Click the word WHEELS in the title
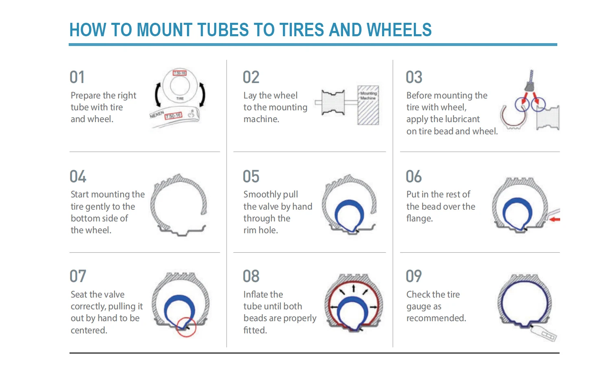[x=399, y=30]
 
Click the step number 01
[x=77, y=77]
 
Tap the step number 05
[x=251, y=177]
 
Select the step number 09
[x=414, y=276]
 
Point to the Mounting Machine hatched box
[x=368, y=105]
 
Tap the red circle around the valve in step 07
[x=186, y=326]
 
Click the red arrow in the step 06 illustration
[x=554, y=219]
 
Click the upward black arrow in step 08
[x=354, y=288]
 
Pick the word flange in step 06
[x=419, y=219]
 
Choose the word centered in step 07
[x=89, y=330]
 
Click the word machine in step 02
[x=261, y=119]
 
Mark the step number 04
[x=78, y=177]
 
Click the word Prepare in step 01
[x=85, y=96]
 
